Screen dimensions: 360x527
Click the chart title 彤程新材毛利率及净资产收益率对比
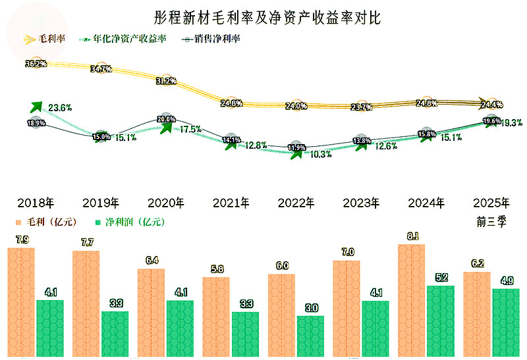click(263, 17)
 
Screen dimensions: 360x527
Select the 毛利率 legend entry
click(46, 39)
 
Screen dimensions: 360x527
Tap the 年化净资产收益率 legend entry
click(125, 39)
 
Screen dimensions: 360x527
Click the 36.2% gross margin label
click(36, 64)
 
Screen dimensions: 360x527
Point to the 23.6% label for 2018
click(60, 107)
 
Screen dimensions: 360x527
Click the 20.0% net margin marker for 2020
click(167, 119)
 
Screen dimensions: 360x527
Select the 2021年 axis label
click(230, 202)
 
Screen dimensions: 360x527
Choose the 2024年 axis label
click(426, 202)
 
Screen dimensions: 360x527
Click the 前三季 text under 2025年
click(491, 222)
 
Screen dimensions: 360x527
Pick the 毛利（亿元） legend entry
click(49, 222)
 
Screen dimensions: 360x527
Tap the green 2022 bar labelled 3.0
click(311, 336)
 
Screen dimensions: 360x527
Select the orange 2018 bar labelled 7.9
click(21, 303)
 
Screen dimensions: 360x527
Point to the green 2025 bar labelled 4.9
click(505, 323)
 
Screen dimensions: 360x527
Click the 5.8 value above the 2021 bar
click(216, 269)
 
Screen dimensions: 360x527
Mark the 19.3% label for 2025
click(512, 122)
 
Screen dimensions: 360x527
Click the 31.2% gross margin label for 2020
click(166, 80)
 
